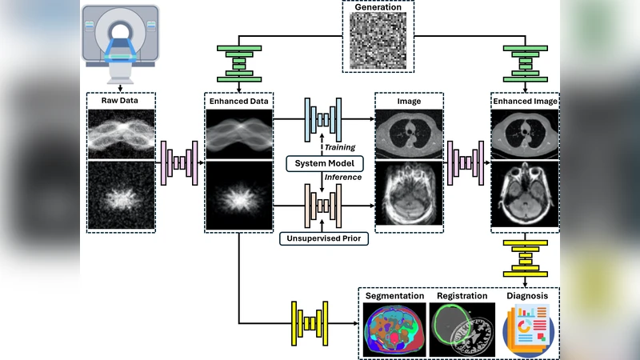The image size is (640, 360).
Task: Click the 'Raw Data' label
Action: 120,102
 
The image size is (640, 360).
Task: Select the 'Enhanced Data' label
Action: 238,102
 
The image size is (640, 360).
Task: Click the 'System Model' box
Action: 325,164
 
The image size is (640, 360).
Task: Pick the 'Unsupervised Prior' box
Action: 325,238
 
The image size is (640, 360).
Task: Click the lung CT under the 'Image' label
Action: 409,133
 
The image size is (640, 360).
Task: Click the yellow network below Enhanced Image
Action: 525,257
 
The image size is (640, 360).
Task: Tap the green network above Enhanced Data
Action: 239,64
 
